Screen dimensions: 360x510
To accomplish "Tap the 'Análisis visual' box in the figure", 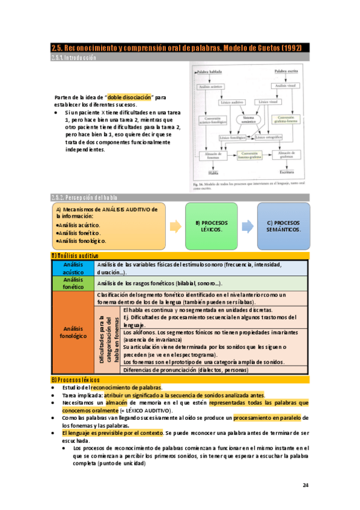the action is click(285, 87).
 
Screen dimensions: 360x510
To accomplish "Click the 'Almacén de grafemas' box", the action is click(286, 155).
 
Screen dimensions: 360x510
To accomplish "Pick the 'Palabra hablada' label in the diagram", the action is click(209, 71).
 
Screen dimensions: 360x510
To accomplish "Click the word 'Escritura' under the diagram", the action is click(285, 171).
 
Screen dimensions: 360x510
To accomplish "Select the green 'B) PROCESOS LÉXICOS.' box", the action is click(211, 226).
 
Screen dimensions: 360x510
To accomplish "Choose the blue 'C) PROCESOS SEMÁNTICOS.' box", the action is click(284, 226).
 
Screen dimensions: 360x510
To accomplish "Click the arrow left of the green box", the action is click(175, 226).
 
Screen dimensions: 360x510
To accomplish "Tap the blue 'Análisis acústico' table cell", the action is click(73, 268).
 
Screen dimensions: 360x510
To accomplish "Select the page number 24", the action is click(305, 485).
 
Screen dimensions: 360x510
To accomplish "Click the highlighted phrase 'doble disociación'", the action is click(130, 97).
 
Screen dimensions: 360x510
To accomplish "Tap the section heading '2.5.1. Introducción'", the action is click(75, 58).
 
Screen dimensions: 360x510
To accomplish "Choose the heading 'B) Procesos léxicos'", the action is click(75, 380).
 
